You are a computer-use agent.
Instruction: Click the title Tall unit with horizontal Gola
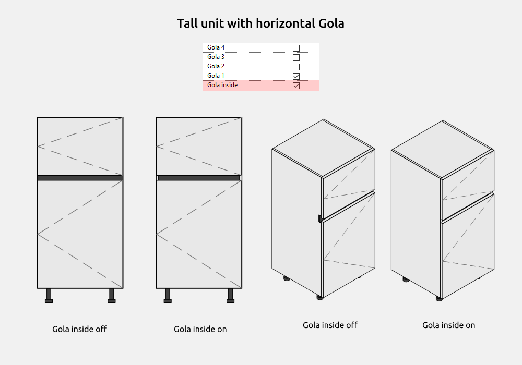point(260,23)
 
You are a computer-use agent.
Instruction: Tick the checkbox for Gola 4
point(296,48)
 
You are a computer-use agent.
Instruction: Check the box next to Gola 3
point(296,57)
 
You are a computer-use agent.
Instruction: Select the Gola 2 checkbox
point(296,67)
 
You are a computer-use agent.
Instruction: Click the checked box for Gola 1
point(296,76)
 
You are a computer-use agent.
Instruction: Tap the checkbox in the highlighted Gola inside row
point(296,86)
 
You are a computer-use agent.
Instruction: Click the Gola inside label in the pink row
point(222,85)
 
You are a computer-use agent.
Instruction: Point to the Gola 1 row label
point(216,76)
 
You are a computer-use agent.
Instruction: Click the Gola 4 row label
point(216,47)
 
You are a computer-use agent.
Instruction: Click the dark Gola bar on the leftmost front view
point(80,178)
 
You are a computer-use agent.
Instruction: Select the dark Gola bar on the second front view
point(199,178)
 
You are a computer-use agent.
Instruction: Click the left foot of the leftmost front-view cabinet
point(49,296)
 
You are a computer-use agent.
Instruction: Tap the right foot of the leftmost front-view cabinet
point(112,296)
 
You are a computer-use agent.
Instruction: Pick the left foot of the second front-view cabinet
point(168,296)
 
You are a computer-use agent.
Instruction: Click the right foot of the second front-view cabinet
point(230,296)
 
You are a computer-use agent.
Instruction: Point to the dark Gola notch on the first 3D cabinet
point(320,218)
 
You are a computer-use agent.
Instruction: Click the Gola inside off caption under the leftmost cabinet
point(79,329)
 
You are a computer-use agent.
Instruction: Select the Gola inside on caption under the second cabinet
point(200,329)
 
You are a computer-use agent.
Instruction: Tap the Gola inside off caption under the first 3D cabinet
point(330,325)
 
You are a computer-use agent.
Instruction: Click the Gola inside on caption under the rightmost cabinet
point(449,325)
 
